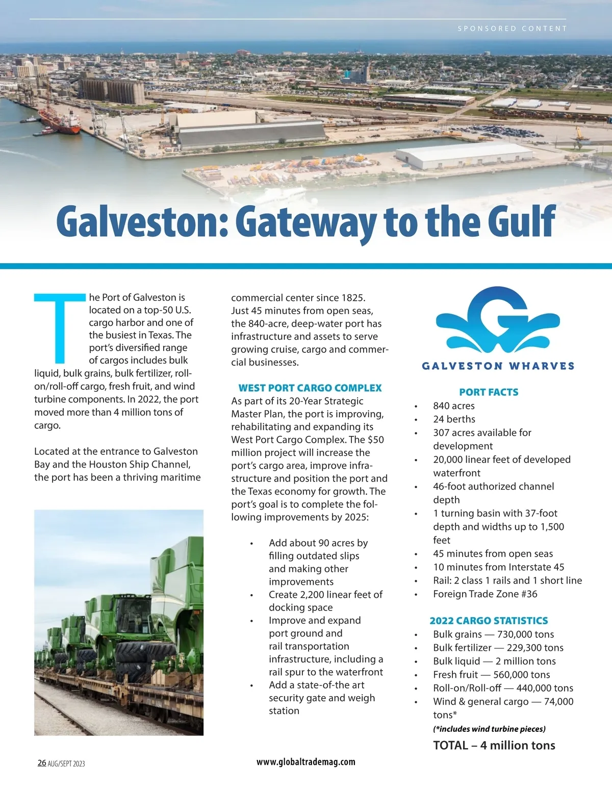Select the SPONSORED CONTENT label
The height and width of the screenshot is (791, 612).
[x=512, y=29]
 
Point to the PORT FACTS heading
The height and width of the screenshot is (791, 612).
[x=489, y=392]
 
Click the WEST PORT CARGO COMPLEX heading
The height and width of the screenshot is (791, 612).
[x=310, y=388]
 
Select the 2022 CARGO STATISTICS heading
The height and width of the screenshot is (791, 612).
[x=489, y=621]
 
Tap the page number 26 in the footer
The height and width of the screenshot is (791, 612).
[x=42, y=763]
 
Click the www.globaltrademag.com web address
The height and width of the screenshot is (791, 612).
[x=305, y=762]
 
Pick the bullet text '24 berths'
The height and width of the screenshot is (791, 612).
[x=454, y=419]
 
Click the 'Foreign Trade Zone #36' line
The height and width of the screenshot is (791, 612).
[x=485, y=594]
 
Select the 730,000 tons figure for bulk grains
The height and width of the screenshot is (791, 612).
[x=525, y=634]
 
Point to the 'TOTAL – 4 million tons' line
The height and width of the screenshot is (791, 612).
[x=494, y=745]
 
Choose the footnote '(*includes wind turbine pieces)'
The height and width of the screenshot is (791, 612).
[x=489, y=729]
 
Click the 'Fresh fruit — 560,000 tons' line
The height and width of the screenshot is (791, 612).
[x=491, y=675]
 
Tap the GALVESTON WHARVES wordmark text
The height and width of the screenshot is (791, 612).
[x=498, y=366]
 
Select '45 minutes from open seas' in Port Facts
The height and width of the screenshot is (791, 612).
[x=493, y=553]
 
